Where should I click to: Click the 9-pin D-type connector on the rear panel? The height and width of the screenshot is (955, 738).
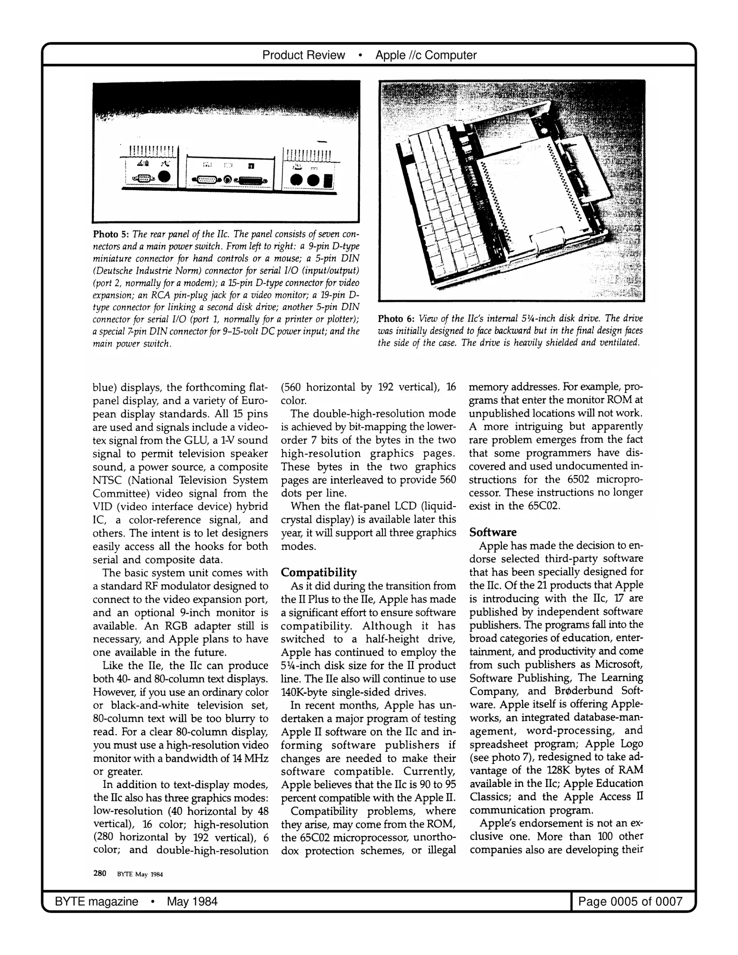coord(142,178)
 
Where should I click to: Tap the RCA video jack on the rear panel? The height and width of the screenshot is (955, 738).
coord(228,180)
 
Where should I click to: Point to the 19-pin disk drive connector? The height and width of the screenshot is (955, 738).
coord(252,180)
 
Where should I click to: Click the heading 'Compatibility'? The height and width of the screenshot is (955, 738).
coord(318,573)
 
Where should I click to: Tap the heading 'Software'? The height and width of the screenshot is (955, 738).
coord(493,532)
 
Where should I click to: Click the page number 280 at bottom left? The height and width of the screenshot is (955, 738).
coord(99,873)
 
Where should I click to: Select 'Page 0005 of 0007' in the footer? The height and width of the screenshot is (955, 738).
coord(630,901)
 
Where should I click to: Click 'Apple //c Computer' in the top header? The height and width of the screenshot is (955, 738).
coord(426,55)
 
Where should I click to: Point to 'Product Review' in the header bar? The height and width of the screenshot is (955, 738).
coord(303,55)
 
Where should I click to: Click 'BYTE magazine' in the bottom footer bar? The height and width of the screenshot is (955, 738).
coord(96,901)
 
